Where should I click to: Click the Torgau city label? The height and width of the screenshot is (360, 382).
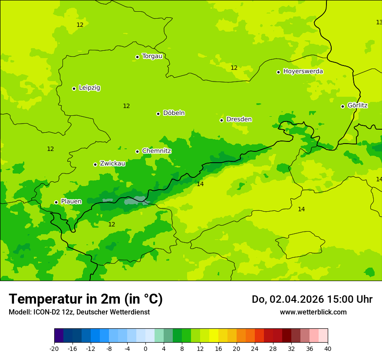point(152,56)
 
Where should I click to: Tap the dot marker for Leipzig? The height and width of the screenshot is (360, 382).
point(74,88)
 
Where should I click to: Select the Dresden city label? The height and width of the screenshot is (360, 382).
point(239,119)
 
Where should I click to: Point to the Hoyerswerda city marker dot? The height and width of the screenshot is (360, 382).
point(278,72)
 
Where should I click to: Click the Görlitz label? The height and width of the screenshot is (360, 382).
point(357,105)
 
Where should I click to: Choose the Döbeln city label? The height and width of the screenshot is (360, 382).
point(174,113)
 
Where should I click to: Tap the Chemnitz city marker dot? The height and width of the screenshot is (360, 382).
point(137,151)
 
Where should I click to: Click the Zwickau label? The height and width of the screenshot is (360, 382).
point(112,164)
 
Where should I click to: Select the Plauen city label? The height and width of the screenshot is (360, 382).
point(71,202)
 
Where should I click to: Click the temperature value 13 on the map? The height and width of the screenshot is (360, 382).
point(379,22)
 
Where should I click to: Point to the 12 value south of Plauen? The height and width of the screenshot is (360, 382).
point(112,224)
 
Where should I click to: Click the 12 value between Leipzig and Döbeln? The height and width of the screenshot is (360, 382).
point(126,106)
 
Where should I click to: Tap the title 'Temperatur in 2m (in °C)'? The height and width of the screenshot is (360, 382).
point(86,299)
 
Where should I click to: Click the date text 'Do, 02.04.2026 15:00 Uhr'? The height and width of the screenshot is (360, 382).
point(312,299)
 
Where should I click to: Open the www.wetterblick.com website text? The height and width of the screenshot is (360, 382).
point(313,312)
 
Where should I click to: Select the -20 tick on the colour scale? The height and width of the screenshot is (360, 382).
point(54,349)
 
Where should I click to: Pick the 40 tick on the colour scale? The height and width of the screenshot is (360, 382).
point(327,349)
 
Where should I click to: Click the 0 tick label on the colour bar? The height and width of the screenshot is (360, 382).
point(145,349)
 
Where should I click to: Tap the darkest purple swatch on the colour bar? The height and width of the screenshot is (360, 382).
point(59,336)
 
